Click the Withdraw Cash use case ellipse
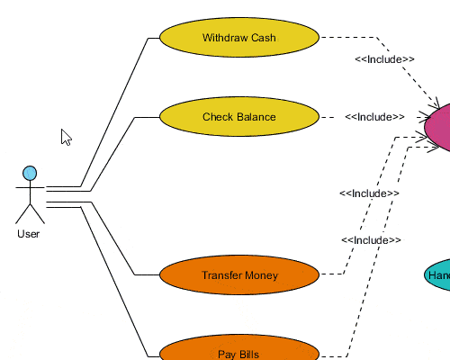coord(238,38)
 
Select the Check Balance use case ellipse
coord(238,117)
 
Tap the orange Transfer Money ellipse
coord(238,275)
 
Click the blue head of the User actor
coord(30,173)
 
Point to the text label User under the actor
coord(28,234)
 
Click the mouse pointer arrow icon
coord(65,137)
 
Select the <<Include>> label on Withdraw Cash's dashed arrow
coord(384,59)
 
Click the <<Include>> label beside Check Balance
coord(373,117)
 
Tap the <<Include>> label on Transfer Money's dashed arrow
coord(369,193)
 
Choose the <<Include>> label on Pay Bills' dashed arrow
coord(371,240)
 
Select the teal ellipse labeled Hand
coord(438,275)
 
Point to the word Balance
coord(256,117)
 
